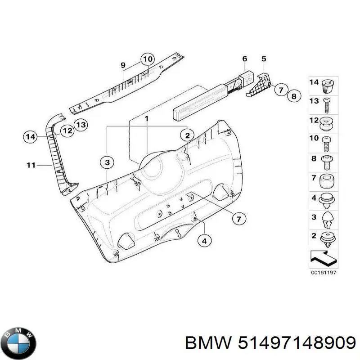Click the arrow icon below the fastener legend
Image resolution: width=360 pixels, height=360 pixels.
[x=323, y=258]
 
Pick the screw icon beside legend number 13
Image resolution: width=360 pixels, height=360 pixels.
[x=327, y=102]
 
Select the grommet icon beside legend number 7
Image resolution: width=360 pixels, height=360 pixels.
[x=327, y=182]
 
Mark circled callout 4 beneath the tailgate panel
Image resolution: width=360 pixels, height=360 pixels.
[x=204, y=241]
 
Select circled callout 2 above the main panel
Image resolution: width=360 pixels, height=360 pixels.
[x=188, y=135]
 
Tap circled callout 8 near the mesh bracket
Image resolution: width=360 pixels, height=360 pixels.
[x=293, y=96]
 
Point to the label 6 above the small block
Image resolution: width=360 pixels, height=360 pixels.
[x=245, y=58]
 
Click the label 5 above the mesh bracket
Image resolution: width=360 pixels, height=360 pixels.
[x=264, y=58]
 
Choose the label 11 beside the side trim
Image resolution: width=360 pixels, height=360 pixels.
[x=30, y=166]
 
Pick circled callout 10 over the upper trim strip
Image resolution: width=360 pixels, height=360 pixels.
[x=147, y=59]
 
